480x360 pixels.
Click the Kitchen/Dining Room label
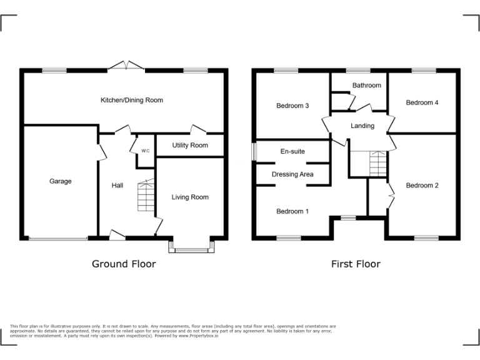(x=132, y=100)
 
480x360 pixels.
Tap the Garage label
(x=61, y=181)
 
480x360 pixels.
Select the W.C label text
(x=145, y=151)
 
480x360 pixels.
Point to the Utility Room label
(x=190, y=146)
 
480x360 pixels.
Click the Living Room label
(x=190, y=197)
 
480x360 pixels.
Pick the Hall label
(x=117, y=185)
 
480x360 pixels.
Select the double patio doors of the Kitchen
(x=126, y=65)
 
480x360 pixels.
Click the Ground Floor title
(x=124, y=264)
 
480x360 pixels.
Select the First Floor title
(x=356, y=264)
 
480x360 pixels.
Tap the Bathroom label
(x=366, y=85)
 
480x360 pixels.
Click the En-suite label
(x=292, y=151)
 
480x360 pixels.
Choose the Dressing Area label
(x=292, y=174)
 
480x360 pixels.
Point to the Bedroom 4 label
(x=422, y=102)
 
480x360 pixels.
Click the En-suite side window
(x=254, y=152)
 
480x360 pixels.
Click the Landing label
(x=362, y=126)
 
